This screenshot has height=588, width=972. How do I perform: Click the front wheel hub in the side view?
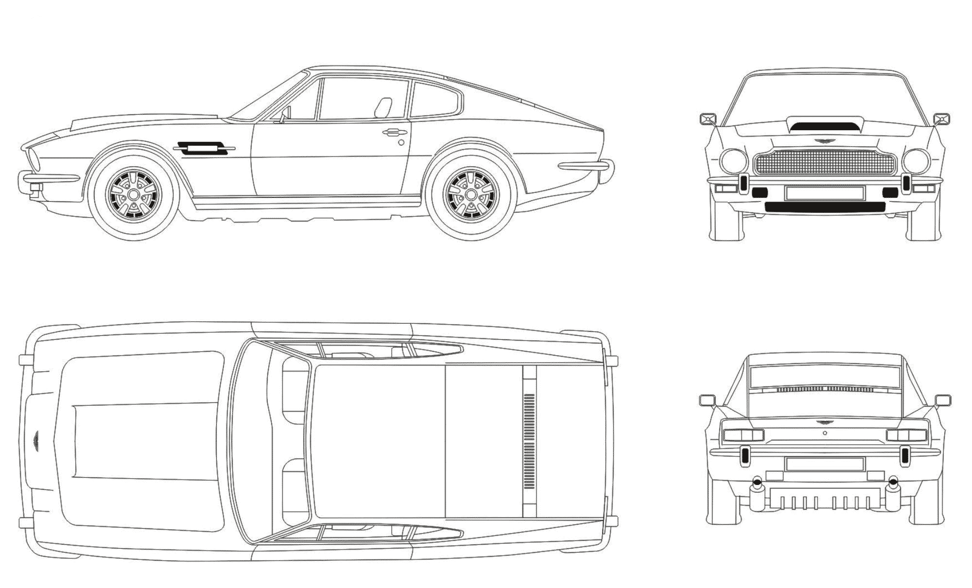pos(133,194)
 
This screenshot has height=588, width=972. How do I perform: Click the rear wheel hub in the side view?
pos(470,194)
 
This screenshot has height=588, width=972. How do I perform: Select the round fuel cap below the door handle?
pos(401,142)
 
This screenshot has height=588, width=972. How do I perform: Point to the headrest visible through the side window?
pos(384,107)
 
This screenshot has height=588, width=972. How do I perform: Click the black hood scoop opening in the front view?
pos(824,128)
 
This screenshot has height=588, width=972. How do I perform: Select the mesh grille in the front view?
pos(825,164)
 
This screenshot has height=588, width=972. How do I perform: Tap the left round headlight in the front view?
pos(733,161)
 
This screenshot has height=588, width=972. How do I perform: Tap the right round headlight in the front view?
pos(917,161)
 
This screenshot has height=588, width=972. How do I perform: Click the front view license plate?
pos(825,193)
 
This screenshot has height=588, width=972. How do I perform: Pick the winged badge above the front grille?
pos(825,141)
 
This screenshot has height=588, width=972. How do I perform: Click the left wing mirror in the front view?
pos(708,119)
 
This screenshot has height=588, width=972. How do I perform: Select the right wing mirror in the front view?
pos(942,119)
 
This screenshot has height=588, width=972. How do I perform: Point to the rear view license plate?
pos(825,464)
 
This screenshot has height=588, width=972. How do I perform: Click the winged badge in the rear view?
pos(825,422)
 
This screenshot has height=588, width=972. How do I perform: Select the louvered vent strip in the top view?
pos(529,441)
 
